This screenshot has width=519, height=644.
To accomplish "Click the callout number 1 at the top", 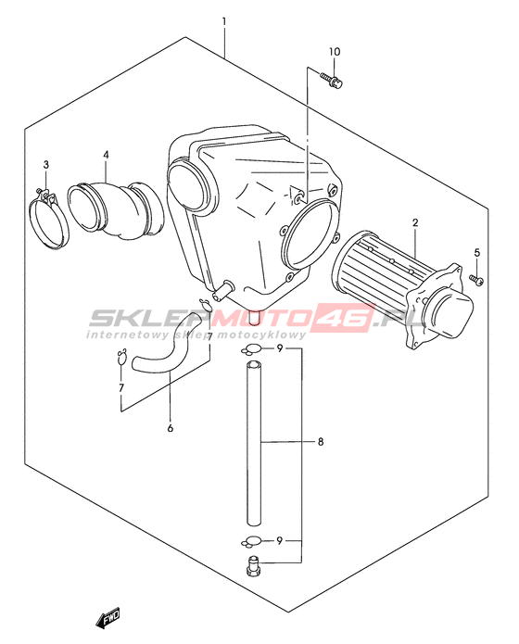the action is click(224, 21).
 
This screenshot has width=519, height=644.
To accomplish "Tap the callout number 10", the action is click(335, 52).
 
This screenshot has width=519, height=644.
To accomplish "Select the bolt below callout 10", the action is click(332, 80).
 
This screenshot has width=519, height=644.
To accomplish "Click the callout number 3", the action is click(46, 165).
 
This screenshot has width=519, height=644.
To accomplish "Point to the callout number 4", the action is click(106, 156).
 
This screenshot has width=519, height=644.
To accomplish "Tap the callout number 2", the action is click(415, 222).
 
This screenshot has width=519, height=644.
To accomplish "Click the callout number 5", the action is click(476, 253).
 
